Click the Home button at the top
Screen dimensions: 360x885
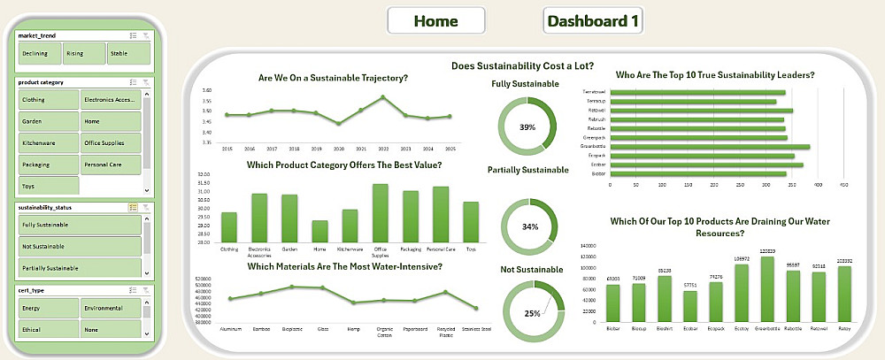pos(435,20)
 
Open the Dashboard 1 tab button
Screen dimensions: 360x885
pos(592,20)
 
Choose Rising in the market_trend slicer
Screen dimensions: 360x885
pos(83,54)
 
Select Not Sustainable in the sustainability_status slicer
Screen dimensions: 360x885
pos(78,246)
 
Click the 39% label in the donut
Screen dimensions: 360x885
pos(527,128)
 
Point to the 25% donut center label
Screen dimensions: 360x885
pos(531,313)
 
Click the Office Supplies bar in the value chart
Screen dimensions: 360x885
pos(381,213)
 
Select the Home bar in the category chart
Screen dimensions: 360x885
pos(319,232)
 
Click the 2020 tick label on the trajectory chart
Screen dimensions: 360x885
pos(339,149)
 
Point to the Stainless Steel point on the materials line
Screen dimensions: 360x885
pos(476,308)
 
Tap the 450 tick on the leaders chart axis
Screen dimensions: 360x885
pos(844,185)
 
